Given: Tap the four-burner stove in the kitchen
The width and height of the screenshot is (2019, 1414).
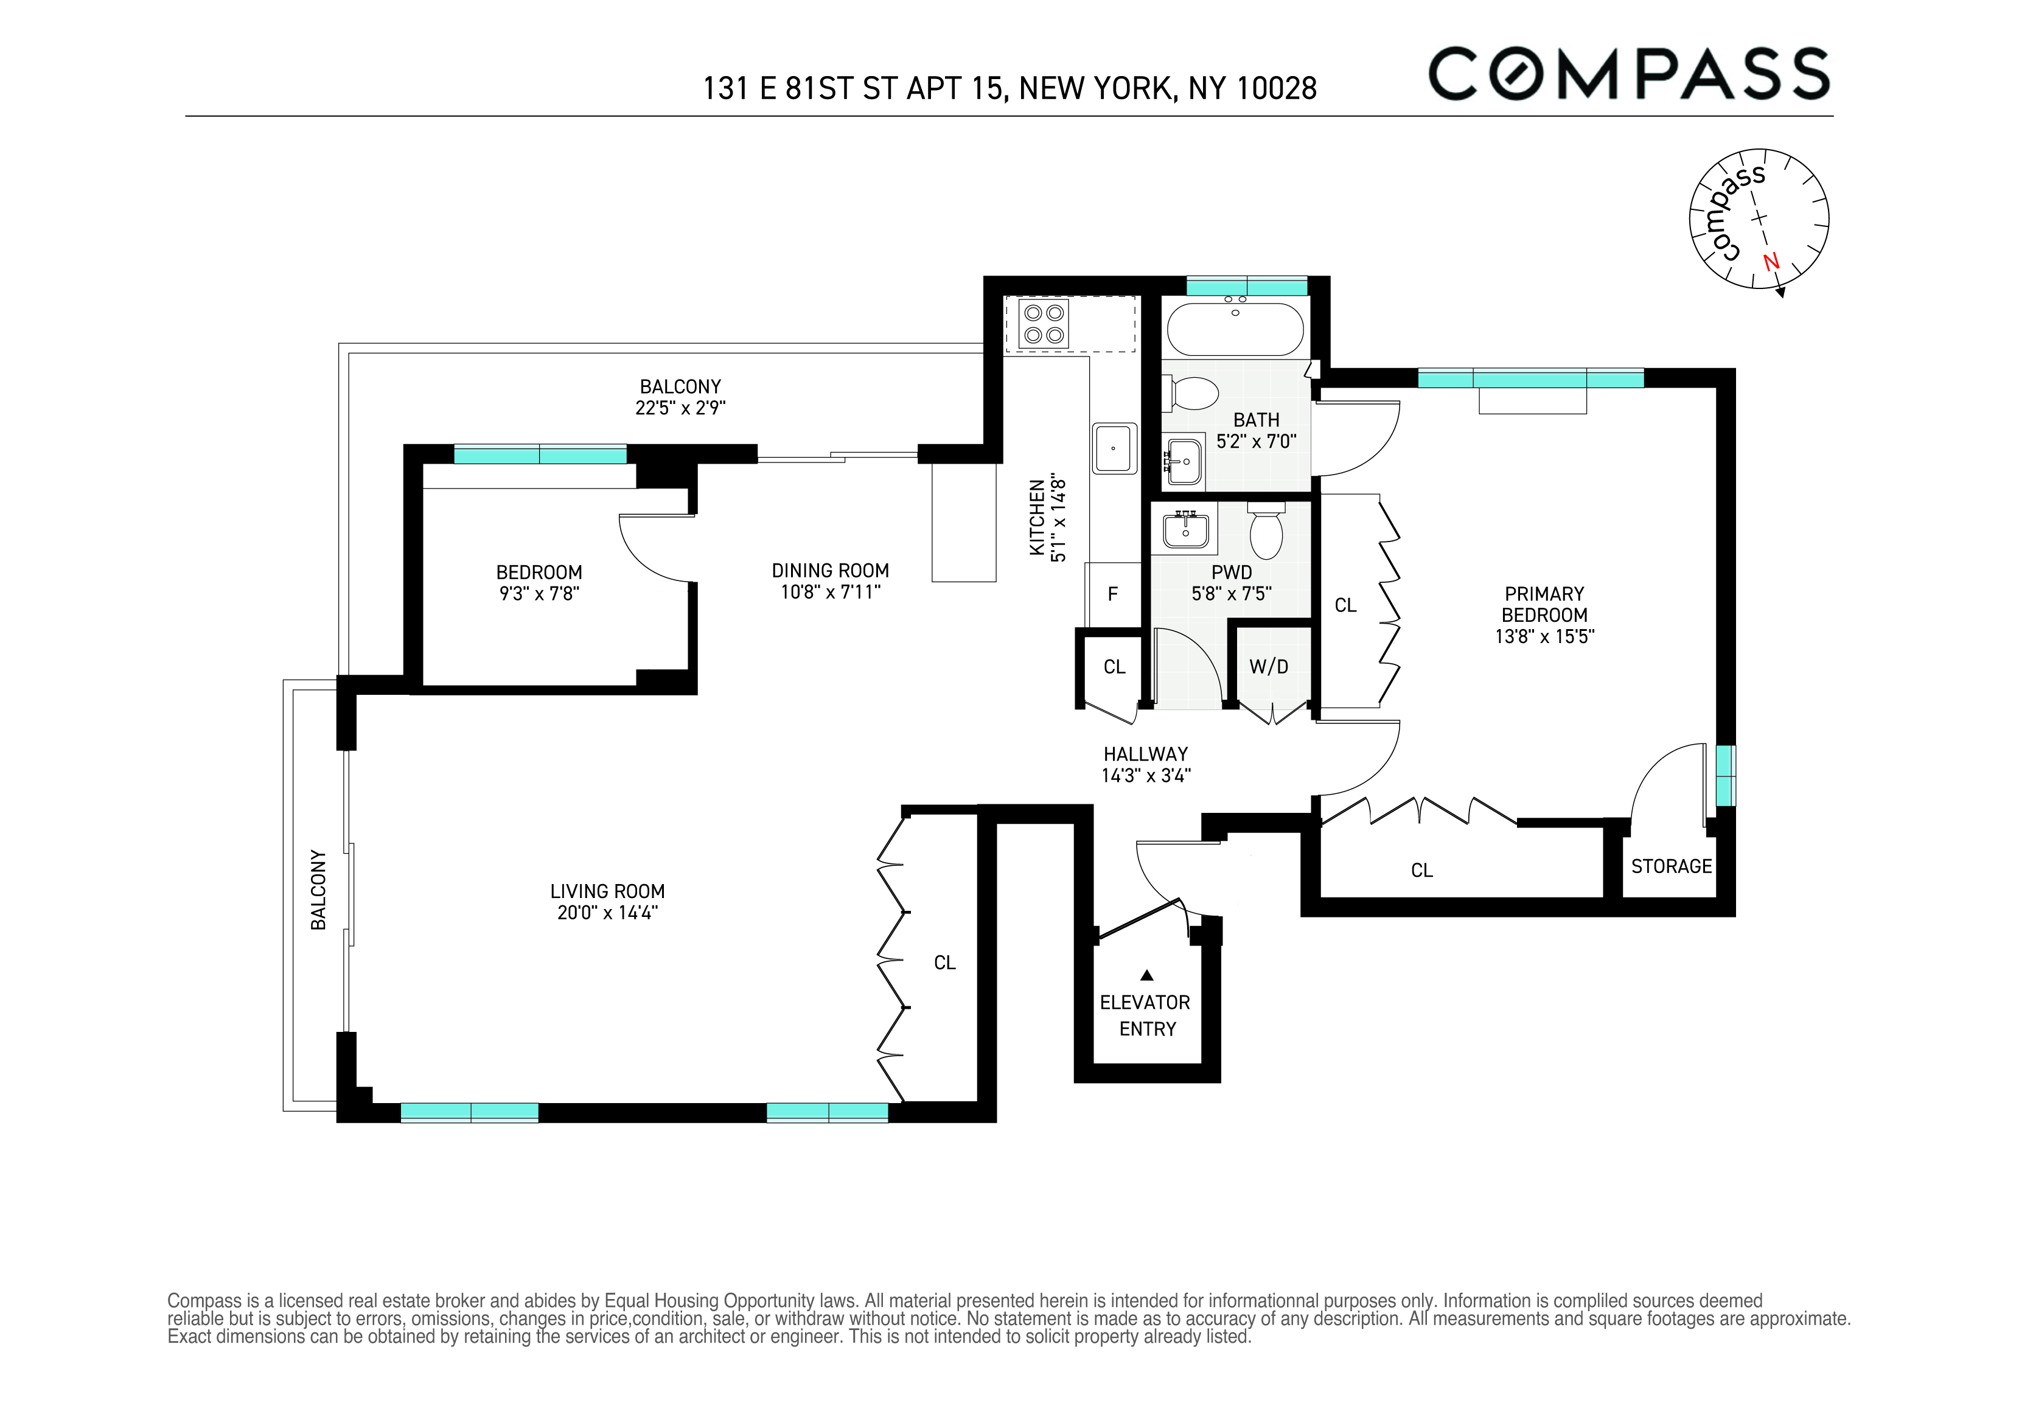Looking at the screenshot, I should point(1044,324).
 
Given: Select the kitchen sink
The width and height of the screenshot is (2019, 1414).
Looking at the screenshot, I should point(1114,448).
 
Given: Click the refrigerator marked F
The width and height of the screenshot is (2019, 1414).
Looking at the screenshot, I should point(1112,594).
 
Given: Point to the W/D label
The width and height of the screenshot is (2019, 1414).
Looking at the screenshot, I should point(1269,667).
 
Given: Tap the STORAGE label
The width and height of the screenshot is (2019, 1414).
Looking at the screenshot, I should point(1671,866).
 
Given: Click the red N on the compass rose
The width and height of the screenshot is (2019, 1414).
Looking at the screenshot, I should point(1770,262).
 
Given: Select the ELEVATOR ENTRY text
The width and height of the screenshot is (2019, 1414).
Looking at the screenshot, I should point(1146,1015).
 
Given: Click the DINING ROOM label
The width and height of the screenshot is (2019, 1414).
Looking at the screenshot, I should point(830,571).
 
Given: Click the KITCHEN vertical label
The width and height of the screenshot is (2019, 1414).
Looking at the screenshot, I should point(1037,517).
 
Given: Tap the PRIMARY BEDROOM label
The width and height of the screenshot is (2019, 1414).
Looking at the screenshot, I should point(1544,604).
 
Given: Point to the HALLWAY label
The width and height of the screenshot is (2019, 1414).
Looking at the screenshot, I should point(1145,754).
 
